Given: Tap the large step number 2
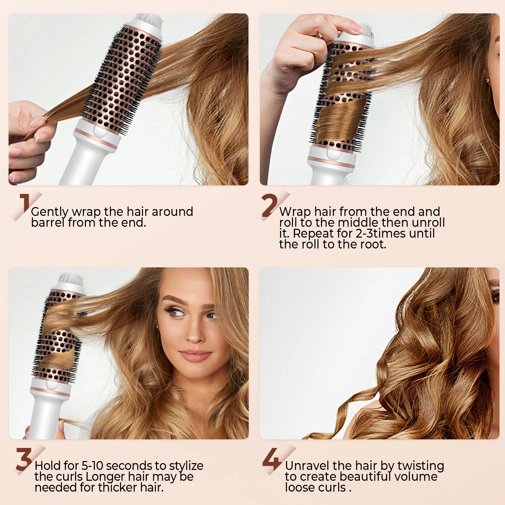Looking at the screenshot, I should point(269,206).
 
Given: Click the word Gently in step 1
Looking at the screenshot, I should point(50,212).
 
